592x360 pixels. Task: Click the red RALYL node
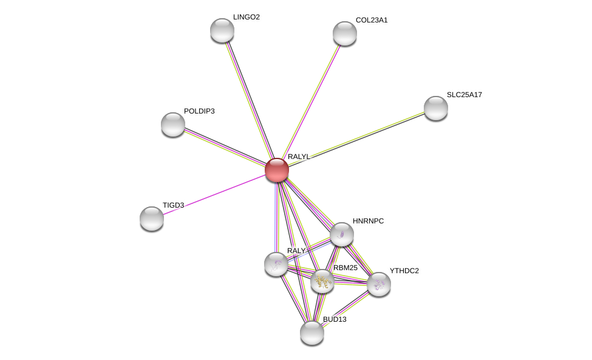coord(276,170)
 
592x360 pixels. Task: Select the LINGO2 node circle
coord(222,30)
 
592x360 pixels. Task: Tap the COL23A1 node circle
coord(344,33)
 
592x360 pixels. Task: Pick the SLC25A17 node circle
coord(435,108)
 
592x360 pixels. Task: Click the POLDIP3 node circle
coord(173,124)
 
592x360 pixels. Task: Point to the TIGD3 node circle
coord(152,219)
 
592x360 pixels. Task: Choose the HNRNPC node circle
coord(341,234)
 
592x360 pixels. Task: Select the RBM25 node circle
coord(322,281)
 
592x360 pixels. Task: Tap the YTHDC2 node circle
coord(378,284)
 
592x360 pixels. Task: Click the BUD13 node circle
coord(311,332)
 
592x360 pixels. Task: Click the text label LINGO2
coord(246,17)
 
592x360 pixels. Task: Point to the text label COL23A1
coord(371,20)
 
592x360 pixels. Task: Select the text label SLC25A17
coord(464,95)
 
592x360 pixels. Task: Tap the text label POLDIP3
coord(199,111)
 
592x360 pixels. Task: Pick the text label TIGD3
coord(173,205)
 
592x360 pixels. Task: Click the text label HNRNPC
coord(368,221)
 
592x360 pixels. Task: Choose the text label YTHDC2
coord(404,271)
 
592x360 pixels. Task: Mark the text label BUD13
coord(335,319)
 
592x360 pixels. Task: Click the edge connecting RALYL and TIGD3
coord(213,195)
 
